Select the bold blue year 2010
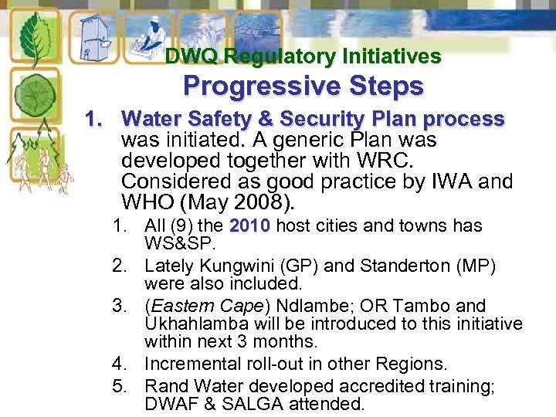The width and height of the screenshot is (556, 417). [249, 226]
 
